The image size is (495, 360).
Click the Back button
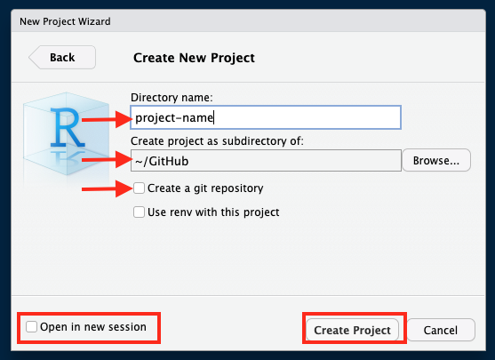click(x=62, y=58)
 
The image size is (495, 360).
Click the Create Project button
click(x=352, y=330)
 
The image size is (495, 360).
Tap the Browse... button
click(x=436, y=160)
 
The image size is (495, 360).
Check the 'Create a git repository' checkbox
click(x=139, y=188)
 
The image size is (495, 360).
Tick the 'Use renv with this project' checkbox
click(x=139, y=212)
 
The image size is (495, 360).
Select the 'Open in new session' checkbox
click(x=32, y=326)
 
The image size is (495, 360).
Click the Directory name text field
click(x=266, y=117)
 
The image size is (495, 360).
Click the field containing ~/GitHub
click(x=266, y=161)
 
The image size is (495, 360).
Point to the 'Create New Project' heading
click(x=194, y=58)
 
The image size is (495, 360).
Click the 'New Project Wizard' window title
click(x=65, y=21)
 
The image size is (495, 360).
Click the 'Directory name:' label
click(x=172, y=98)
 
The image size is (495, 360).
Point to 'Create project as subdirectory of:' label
click(x=217, y=140)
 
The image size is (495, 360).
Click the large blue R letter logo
click(x=67, y=128)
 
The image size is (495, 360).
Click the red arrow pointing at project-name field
click(x=107, y=119)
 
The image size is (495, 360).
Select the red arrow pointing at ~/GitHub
click(x=107, y=159)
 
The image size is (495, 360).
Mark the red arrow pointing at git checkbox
click(x=107, y=188)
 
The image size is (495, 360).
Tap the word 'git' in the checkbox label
click(x=201, y=188)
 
